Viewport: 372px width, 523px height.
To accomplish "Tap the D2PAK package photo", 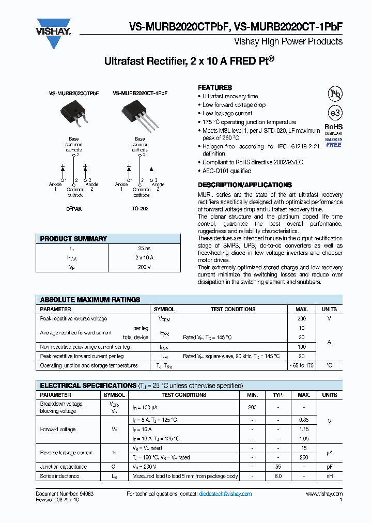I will click(x=72, y=111).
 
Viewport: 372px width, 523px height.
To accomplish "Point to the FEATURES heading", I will click(x=215, y=88).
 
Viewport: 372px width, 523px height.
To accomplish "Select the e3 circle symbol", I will click(x=335, y=114).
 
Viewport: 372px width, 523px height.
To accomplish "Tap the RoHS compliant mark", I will click(x=333, y=129).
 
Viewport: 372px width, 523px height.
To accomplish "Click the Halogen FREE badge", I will click(x=333, y=142).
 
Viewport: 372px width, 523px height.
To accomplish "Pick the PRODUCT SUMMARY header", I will click(x=73, y=239).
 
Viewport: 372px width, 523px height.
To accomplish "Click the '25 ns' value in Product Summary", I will click(x=144, y=249).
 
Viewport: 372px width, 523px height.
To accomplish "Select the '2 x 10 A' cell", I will click(x=144, y=257).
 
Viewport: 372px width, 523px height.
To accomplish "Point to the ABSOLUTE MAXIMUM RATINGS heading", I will click(x=90, y=300).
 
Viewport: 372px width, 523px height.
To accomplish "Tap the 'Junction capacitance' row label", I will click(x=64, y=467).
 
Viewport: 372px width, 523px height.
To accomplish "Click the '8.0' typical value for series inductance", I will click(x=278, y=476).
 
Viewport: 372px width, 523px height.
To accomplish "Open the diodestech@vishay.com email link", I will click(x=225, y=494).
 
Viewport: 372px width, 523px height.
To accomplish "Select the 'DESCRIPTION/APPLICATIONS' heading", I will click(x=245, y=185).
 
